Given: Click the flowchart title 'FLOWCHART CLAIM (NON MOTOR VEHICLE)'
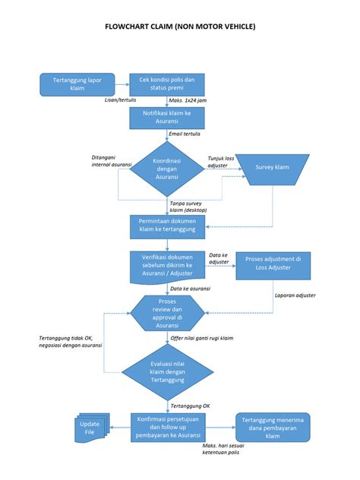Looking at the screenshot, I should click(x=180, y=27).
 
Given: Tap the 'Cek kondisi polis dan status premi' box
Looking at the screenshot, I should click(x=167, y=84).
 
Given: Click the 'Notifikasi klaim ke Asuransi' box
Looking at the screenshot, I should click(x=167, y=118).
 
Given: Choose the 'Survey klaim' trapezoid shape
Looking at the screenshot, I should click(x=272, y=167).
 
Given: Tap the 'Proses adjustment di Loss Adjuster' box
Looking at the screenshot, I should click(x=273, y=264).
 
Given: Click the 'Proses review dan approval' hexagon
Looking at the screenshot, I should click(x=167, y=313).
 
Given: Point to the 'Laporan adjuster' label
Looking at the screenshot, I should click(x=295, y=295).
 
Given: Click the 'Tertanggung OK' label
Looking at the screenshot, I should click(x=191, y=406).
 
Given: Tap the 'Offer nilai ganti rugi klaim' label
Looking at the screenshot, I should click(x=201, y=337).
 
